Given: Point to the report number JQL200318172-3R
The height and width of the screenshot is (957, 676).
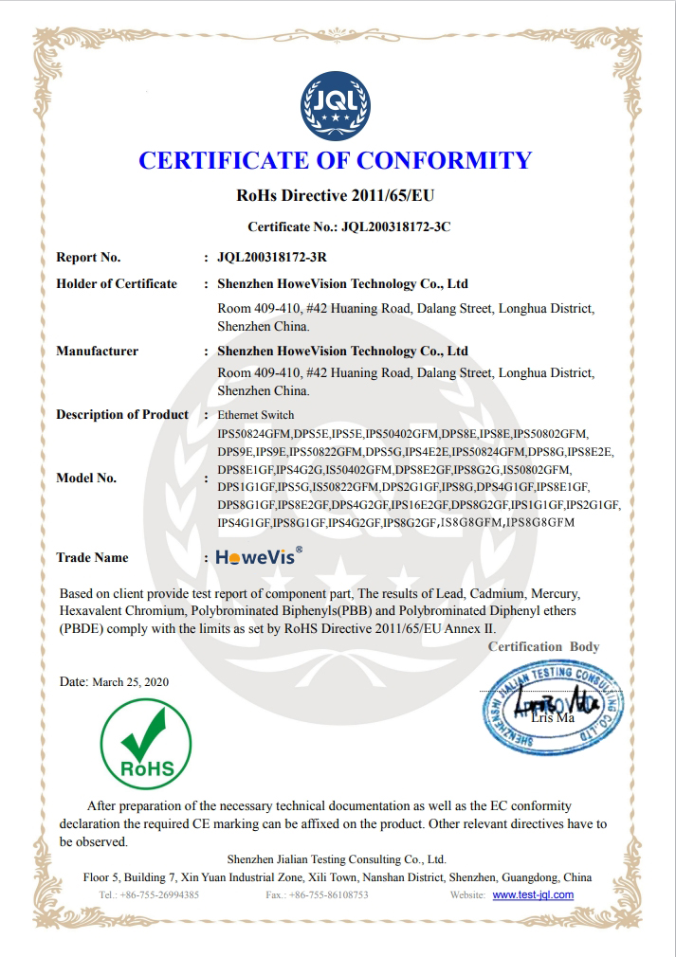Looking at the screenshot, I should [x=273, y=257].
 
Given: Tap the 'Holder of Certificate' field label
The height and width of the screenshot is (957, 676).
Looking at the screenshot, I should [x=117, y=284].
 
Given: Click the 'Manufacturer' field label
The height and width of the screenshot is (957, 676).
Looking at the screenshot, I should [x=97, y=352].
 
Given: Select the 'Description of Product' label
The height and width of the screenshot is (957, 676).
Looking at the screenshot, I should [x=122, y=415].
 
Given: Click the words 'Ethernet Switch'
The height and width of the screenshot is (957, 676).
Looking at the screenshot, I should [x=256, y=416].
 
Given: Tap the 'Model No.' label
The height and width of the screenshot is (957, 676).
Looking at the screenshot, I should [x=86, y=478].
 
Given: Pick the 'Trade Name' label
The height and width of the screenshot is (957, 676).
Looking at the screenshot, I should [x=92, y=558].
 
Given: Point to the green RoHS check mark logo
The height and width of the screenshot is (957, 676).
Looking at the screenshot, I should [x=146, y=742].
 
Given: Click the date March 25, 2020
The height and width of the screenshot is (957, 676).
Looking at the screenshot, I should [x=131, y=682].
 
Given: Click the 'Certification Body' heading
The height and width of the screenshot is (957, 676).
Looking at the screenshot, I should [x=543, y=647].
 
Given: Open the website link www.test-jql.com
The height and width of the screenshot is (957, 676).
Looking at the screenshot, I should [x=533, y=894].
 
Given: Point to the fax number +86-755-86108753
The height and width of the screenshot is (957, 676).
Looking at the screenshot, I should [x=329, y=894].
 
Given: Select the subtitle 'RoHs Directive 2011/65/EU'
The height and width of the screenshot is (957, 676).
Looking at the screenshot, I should [x=336, y=197].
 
